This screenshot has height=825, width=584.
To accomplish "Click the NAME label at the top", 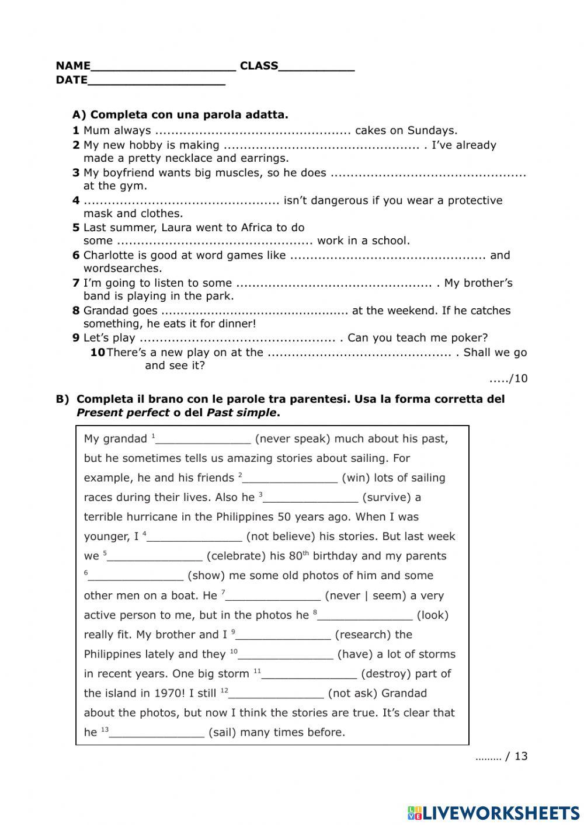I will click(x=73, y=65).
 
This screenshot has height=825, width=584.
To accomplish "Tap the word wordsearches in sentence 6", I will click(x=123, y=269).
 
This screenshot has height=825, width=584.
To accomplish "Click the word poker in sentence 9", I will click(x=471, y=337).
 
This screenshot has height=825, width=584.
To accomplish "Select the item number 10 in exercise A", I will click(x=98, y=352).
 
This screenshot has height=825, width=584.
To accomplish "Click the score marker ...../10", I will click(x=508, y=378).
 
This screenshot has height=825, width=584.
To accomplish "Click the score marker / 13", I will click(x=516, y=756).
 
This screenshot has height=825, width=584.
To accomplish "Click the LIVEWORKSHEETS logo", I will click(x=493, y=813).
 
